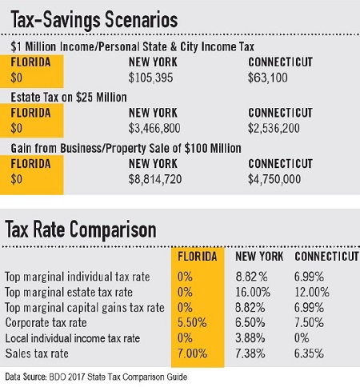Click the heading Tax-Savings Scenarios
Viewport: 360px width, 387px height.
click(x=94, y=20)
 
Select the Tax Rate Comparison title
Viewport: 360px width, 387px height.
click(x=81, y=229)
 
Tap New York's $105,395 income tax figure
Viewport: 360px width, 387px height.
click(x=150, y=78)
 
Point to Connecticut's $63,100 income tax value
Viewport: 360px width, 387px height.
click(x=268, y=78)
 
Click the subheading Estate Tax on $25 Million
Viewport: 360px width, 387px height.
click(x=69, y=98)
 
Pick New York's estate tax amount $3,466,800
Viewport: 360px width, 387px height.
click(x=154, y=128)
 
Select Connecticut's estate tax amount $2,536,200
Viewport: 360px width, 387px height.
click(x=274, y=128)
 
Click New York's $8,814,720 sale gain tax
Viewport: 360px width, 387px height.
click(x=155, y=179)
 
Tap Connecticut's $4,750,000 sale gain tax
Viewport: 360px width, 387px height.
click(x=274, y=179)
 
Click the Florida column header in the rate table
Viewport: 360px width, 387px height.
click(x=198, y=257)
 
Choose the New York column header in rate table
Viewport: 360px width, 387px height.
click(x=259, y=257)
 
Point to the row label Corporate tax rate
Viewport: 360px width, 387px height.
click(x=46, y=323)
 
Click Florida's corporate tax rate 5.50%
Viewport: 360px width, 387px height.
click(x=192, y=323)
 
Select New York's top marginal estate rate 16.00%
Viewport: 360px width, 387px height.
click(x=253, y=293)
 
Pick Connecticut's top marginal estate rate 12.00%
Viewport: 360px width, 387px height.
click(x=312, y=293)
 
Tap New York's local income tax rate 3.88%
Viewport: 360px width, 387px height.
click(x=250, y=338)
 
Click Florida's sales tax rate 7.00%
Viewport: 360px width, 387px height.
click(x=192, y=353)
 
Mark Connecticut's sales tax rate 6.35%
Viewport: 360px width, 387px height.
click(x=309, y=353)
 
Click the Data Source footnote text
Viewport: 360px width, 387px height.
click(x=96, y=377)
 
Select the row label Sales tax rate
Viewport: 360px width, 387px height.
click(x=37, y=353)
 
